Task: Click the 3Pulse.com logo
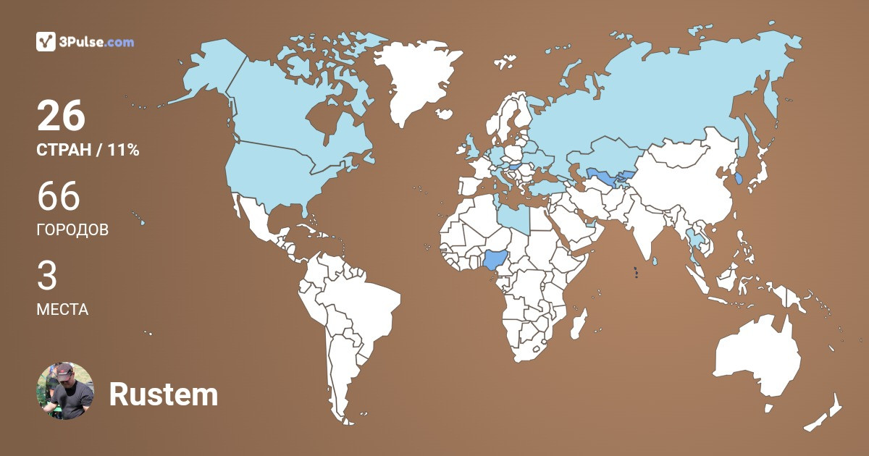pos(85,42)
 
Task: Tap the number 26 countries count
pos(61,117)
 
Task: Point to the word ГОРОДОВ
pos(72,230)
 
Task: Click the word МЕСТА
pos(62,310)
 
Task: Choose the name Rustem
pos(163,394)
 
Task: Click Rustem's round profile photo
pos(65,391)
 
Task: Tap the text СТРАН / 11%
pos(88,151)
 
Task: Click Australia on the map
pos(757,358)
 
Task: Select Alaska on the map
pos(210,72)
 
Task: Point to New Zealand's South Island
pos(818,420)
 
